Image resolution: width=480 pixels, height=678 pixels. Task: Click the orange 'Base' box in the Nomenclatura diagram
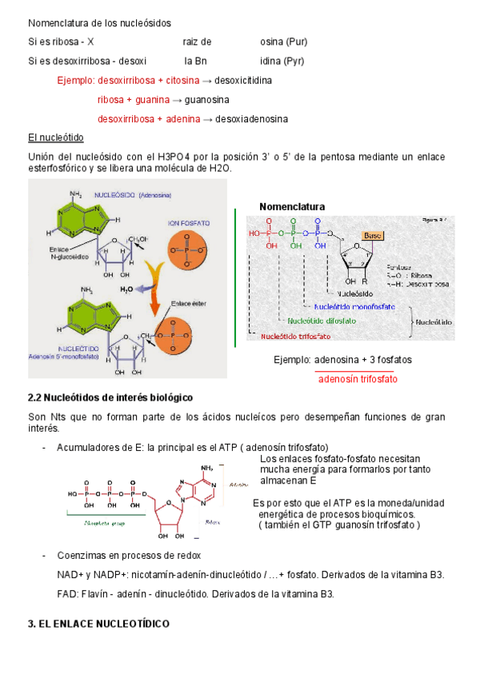pos(373,236)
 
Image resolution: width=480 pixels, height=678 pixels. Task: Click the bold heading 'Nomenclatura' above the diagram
pos(292,207)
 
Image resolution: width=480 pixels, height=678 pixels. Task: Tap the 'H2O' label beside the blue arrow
pos(127,289)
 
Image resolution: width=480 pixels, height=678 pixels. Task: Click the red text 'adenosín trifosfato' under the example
pos(358,379)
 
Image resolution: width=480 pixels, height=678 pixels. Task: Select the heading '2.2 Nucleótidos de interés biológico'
pos(110,397)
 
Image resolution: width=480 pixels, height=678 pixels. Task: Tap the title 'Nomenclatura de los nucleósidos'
pos(99,23)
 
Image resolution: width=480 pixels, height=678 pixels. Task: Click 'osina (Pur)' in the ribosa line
pos(284,42)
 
